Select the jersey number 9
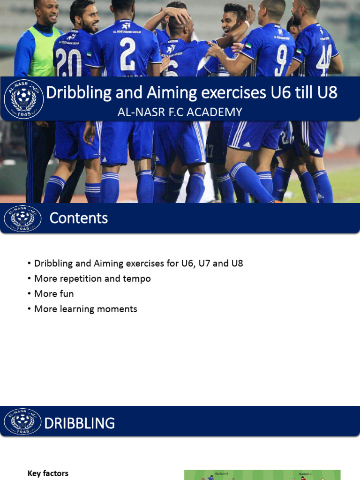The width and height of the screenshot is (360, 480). [280, 60]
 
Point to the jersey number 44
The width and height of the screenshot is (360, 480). [323, 60]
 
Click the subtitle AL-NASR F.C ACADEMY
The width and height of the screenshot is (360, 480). [180, 112]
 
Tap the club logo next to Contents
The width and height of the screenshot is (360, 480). [22, 218]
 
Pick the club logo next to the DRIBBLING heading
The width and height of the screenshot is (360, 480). [22, 421]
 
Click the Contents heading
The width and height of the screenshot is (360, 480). [79, 218]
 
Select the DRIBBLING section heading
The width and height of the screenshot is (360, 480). [80, 423]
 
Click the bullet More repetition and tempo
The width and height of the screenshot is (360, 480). [92, 278]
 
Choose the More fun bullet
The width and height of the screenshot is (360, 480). [54, 294]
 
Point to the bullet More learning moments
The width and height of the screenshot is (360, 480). [86, 309]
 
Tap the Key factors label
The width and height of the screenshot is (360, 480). [48, 473]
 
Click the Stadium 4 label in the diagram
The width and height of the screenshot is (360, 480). [221, 473]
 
